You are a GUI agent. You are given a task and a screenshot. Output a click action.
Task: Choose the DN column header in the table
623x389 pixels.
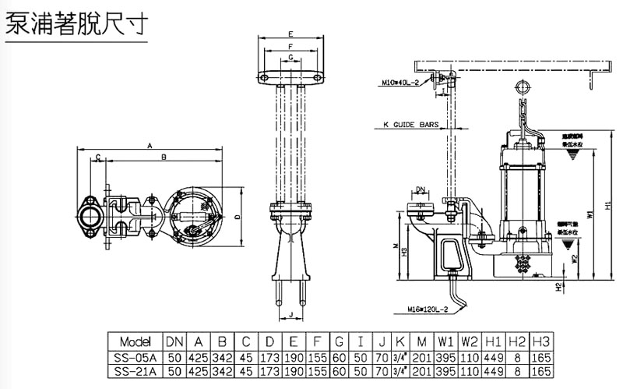[x=174, y=341]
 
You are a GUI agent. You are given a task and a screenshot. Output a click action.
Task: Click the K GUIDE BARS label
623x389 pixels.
[x=412, y=124]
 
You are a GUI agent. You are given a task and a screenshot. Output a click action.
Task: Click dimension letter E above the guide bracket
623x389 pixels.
[x=290, y=34]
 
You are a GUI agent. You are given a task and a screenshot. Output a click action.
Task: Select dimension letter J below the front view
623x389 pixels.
[x=290, y=315]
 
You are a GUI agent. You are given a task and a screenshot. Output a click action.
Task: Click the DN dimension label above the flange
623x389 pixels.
[x=420, y=189]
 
